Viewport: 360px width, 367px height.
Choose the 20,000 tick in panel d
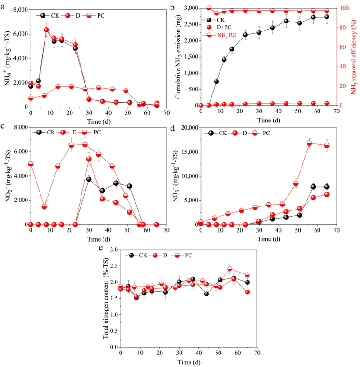tap(188, 128)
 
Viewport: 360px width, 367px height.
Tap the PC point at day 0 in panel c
tap(31, 164)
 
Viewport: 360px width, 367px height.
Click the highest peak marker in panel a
tap(46, 30)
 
